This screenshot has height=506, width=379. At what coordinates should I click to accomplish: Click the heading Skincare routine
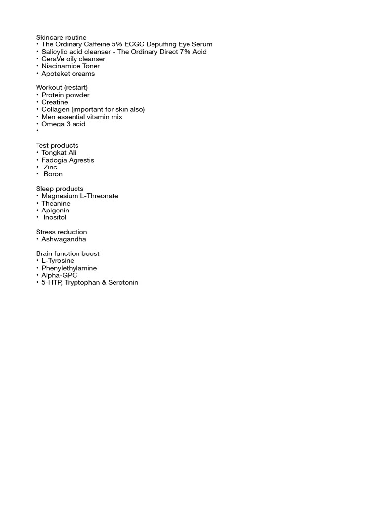point(61,37)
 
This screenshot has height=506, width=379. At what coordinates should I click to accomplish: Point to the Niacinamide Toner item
point(71,66)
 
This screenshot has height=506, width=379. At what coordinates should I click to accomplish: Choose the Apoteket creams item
point(68,74)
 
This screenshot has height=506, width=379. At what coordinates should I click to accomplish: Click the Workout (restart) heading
point(62,87)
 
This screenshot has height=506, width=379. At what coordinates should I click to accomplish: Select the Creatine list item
point(55,102)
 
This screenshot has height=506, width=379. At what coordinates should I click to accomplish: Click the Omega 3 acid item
point(64,124)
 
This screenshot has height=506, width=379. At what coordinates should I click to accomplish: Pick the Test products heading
point(57,145)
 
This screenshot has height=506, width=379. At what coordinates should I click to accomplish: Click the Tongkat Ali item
point(59,153)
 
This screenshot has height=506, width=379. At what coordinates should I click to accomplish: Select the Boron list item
point(53,174)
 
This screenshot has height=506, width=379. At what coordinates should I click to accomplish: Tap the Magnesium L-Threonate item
point(80,196)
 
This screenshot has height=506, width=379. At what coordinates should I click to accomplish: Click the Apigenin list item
point(55,211)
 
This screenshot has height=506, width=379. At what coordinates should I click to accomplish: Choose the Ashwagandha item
point(64,239)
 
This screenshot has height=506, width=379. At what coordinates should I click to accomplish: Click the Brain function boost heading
point(68,253)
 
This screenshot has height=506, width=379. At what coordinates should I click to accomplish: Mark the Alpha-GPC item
point(59,275)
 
